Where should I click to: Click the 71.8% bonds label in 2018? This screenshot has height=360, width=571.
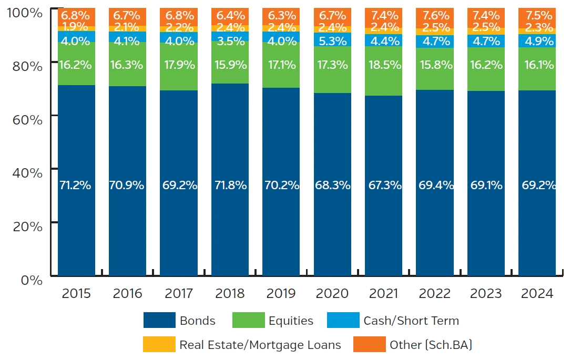point(230,186)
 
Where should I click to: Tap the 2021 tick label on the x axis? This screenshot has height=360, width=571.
point(383,293)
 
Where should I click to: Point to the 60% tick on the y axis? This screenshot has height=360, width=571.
point(25,120)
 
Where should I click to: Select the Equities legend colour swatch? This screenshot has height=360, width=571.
point(247,321)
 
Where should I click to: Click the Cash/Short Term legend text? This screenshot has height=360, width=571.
point(411,321)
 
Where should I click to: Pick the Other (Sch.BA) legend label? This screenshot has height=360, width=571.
point(431,345)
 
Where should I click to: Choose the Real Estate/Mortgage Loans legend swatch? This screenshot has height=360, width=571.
point(159,345)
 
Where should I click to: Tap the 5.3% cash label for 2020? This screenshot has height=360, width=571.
point(332,39)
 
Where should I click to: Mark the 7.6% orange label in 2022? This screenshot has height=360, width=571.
point(435,15)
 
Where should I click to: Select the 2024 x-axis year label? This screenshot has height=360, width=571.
point(537,293)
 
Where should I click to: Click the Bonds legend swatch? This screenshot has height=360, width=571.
point(159,321)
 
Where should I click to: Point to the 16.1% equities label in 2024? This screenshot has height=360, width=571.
point(537,65)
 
